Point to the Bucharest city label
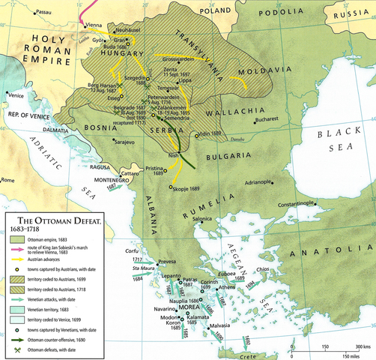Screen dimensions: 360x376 [267, 120]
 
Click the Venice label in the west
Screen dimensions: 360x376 [16, 95]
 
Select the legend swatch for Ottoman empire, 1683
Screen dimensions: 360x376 [17, 238]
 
